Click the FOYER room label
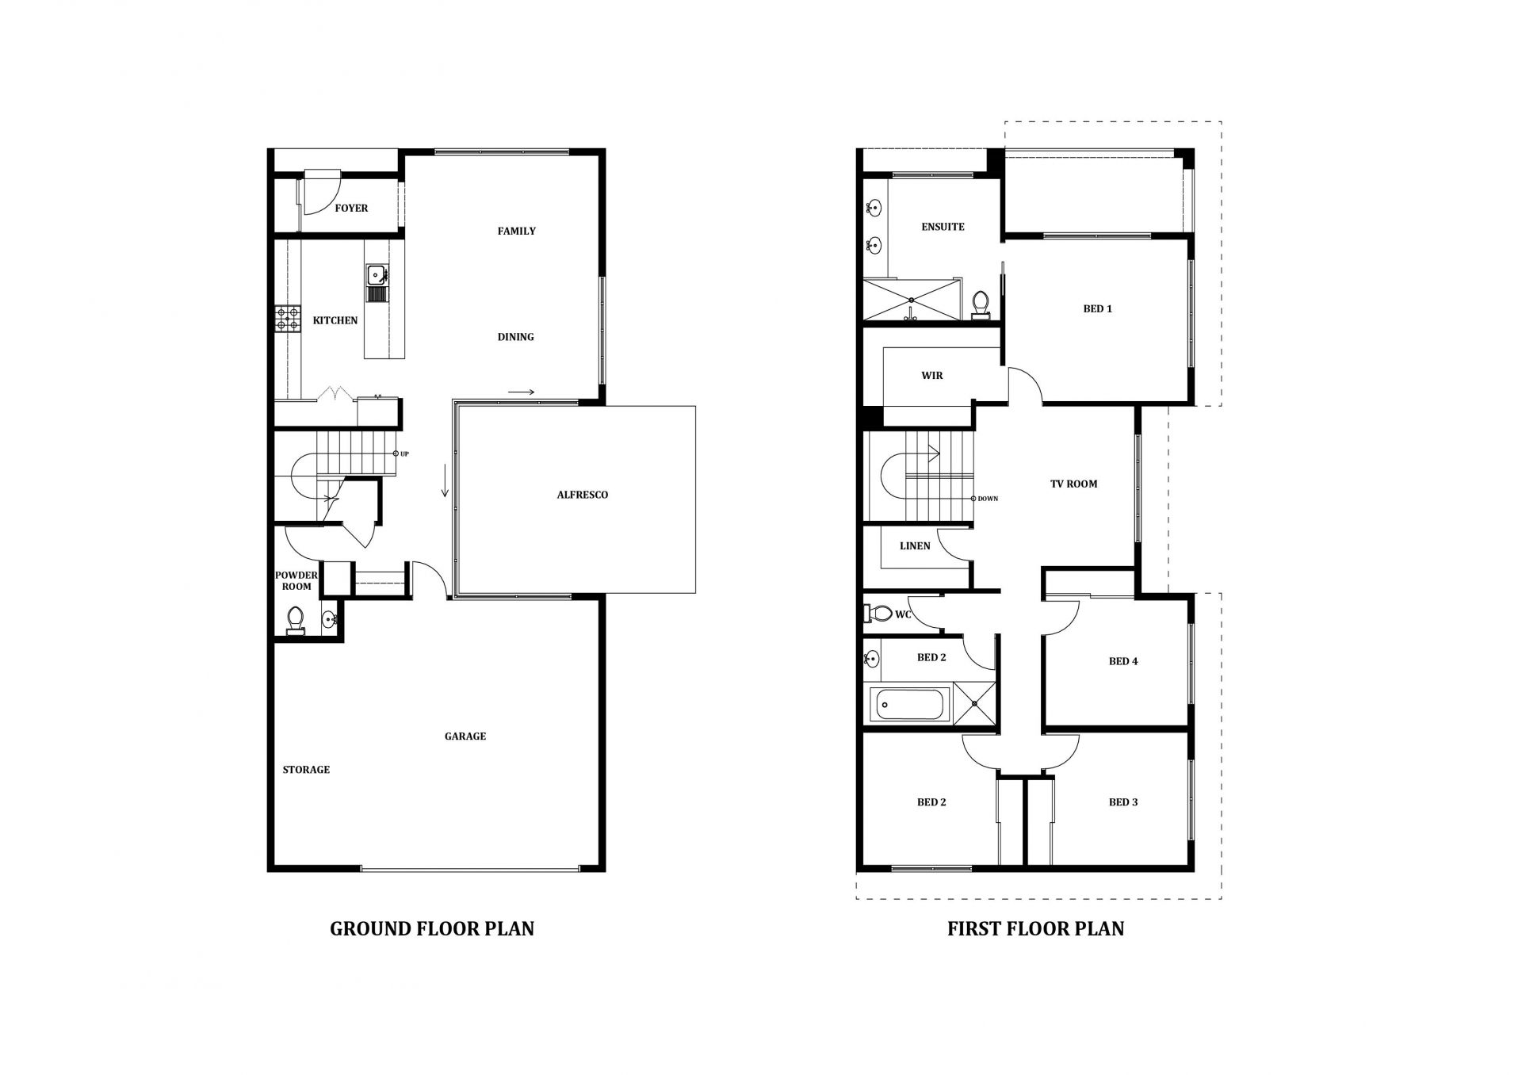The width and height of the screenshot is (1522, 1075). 351,208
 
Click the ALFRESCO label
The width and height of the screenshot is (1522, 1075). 583,495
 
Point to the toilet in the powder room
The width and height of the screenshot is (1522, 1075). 296,620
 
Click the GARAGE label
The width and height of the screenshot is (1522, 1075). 465,736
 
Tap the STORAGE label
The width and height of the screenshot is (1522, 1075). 306,770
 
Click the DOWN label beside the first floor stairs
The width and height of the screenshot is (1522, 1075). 988,499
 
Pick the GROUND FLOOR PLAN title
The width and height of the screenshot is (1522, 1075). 432,928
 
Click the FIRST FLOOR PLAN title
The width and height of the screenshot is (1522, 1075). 1035,928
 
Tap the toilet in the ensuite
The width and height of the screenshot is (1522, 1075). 981,305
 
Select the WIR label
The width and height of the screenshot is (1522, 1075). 932,376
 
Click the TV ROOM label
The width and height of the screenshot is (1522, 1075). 1074,484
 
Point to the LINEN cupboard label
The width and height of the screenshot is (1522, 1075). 915,546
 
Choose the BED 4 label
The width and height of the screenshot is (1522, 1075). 1123,661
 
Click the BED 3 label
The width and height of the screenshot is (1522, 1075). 1123,802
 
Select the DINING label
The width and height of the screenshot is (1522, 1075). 515,337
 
